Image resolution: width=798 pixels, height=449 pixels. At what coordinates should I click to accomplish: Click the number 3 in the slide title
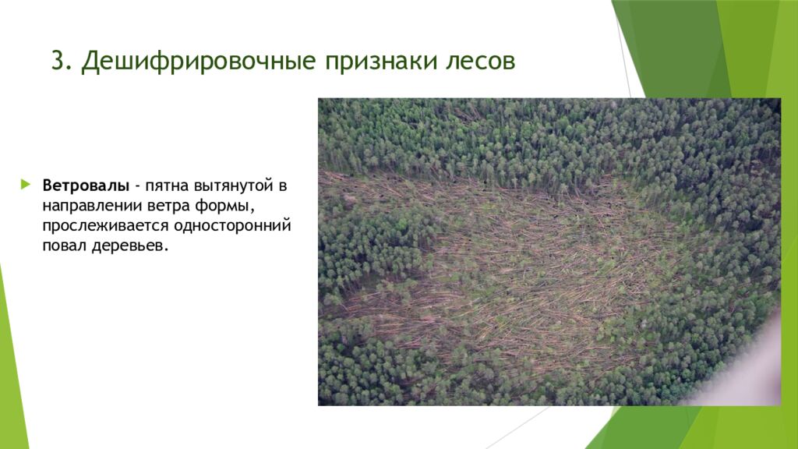click(x=57, y=62)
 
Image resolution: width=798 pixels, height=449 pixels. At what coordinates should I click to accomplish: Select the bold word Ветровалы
click(x=87, y=186)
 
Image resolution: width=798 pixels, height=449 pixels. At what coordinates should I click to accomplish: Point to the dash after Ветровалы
click(x=137, y=186)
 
